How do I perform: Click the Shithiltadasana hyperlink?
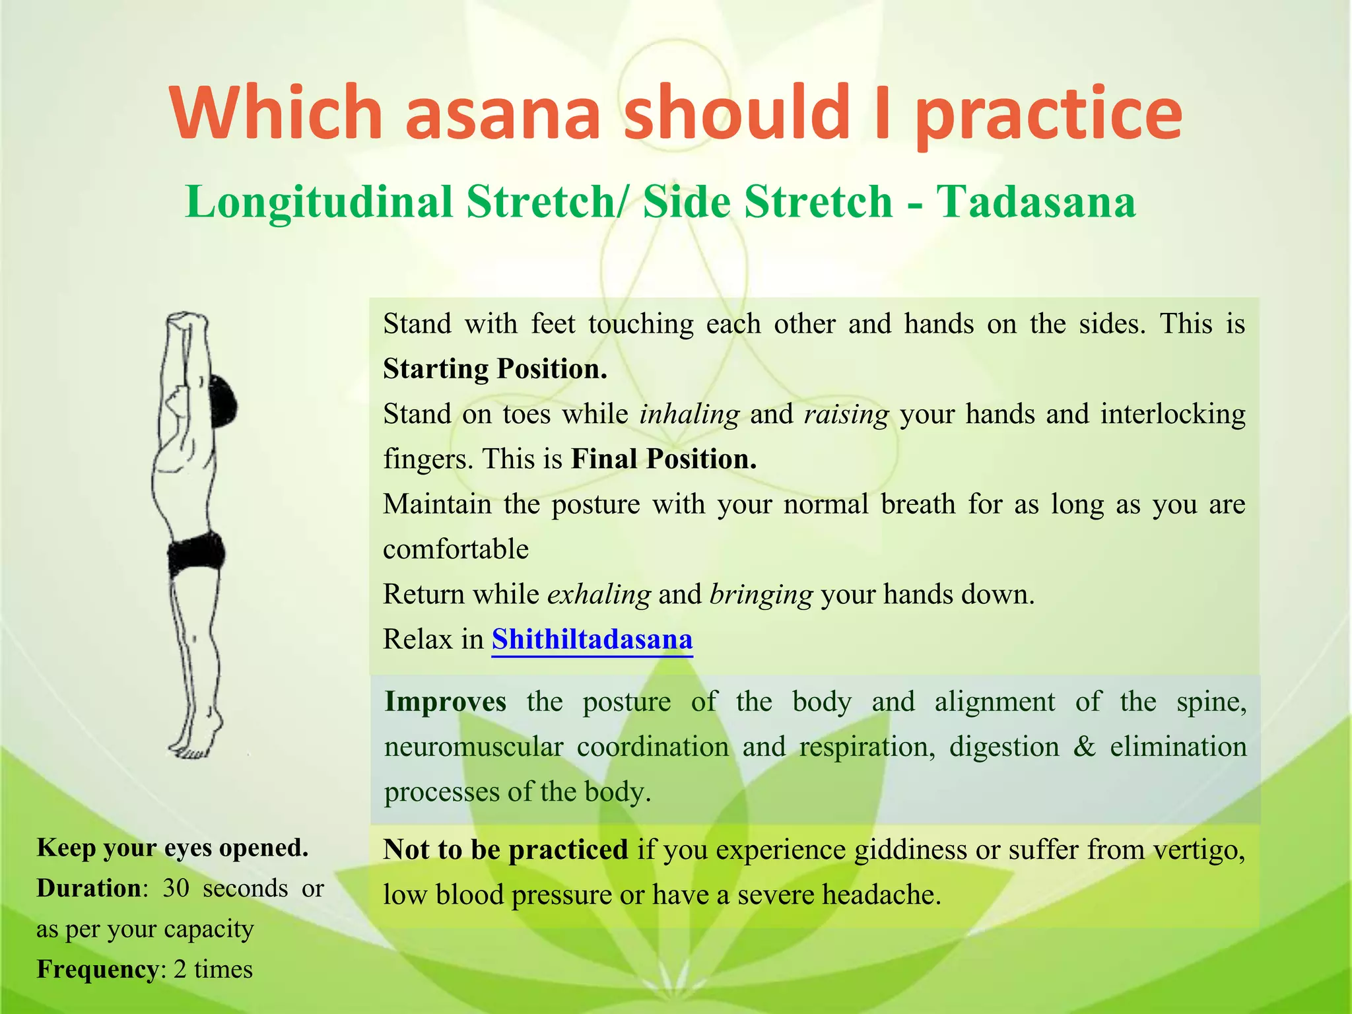pyautogui.click(x=591, y=639)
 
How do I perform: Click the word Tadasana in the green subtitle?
pyautogui.click(x=1036, y=201)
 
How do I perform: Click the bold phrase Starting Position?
pyautogui.click(x=494, y=368)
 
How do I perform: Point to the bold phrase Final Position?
pyautogui.click(x=663, y=459)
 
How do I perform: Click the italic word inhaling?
pyautogui.click(x=689, y=414)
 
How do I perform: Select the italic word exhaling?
pyautogui.click(x=599, y=594)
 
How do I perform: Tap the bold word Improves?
pyautogui.click(x=446, y=701)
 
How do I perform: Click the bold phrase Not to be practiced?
pyautogui.click(x=505, y=850)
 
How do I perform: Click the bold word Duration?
pyautogui.click(x=88, y=889)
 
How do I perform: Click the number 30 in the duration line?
pyautogui.click(x=176, y=889)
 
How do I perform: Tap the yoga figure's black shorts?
pyautogui.click(x=195, y=553)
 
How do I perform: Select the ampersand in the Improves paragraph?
pyautogui.click(x=1083, y=747)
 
